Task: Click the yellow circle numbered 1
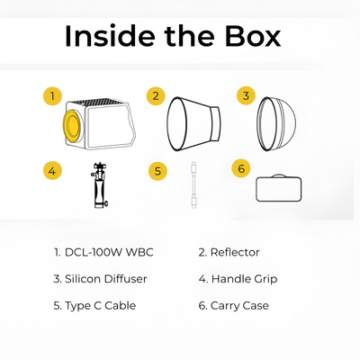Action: [x=52, y=96]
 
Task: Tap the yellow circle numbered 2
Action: [x=156, y=96]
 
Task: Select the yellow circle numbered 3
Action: [x=246, y=95]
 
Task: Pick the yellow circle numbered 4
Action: [x=52, y=171]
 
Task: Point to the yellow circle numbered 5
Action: [x=157, y=171]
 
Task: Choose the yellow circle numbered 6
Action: [x=241, y=168]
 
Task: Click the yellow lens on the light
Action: [x=72, y=124]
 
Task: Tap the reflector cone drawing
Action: [x=194, y=124]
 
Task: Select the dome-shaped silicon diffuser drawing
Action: [x=276, y=123]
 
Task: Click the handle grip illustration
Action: [x=99, y=185]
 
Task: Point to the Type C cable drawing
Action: [x=193, y=185]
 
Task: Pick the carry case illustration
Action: [x=279, y=188]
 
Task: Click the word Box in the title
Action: [x=253, y=36]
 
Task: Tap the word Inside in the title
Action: [x=110, y=36]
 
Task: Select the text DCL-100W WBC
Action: [x=109, y=252]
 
